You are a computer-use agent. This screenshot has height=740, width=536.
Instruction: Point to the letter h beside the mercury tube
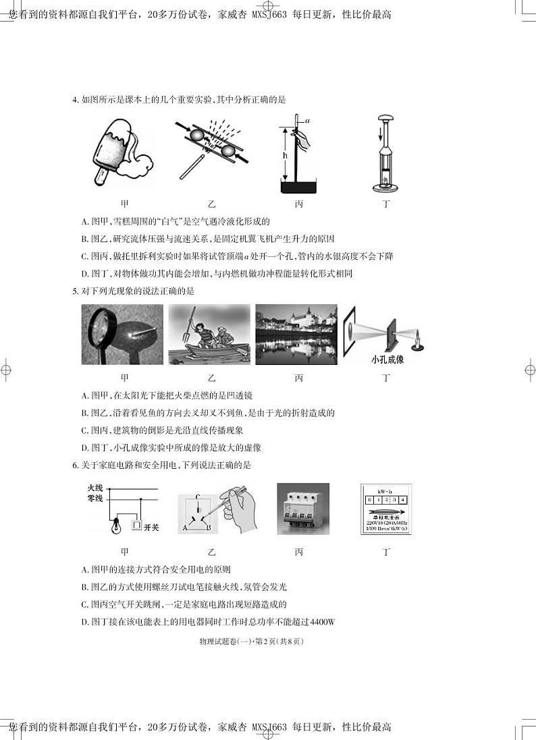point(286,155)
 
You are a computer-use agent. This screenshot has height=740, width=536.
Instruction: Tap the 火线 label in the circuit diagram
point(95,488)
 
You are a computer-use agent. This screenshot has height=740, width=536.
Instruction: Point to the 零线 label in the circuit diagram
point(95,499)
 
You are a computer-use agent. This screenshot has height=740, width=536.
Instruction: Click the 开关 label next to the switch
point(151,526)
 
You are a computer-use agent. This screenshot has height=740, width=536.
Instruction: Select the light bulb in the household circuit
point(116,524)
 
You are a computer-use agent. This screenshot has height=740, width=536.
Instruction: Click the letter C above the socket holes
point(197,497)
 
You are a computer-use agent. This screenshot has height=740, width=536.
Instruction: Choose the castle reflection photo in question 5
point(296,335)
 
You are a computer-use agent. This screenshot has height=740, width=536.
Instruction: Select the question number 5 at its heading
point(75,291)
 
